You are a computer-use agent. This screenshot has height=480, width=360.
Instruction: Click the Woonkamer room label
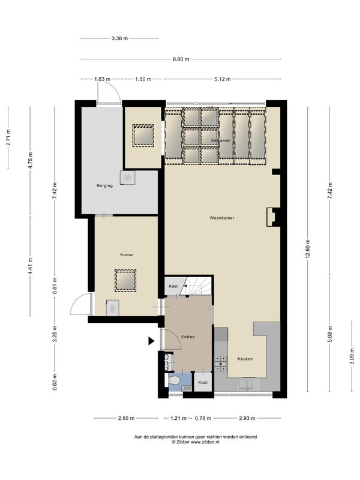tap(222, 218)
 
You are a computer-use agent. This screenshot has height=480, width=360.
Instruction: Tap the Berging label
tap(104, 185)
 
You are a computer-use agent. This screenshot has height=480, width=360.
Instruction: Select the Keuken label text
tap(245, 359)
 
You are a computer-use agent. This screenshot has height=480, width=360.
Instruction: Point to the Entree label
tap(188, 337)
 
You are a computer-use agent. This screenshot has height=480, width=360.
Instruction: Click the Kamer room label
tap(127, 254)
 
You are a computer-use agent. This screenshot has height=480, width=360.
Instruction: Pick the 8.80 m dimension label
tap(181, 59)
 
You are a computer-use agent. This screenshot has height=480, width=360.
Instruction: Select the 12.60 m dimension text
tap(308, 249)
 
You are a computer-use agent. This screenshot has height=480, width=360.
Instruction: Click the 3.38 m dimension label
tap(119, 38)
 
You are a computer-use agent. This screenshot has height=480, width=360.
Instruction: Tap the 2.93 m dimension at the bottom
tap(247, 418)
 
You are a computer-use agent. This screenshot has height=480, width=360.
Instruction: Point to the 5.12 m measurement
tap(222, 79)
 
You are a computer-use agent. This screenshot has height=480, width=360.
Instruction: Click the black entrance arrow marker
tap(151, 341)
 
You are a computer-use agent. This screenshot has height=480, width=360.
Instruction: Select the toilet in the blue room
tap(173, 382)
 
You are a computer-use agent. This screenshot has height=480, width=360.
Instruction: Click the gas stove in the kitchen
tap(221, 364)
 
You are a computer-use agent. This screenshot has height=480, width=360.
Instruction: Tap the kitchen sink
tap(246, 385)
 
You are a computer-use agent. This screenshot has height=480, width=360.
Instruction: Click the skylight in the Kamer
tap(125, 280)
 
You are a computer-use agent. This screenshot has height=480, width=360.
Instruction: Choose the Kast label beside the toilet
tap(203, 382)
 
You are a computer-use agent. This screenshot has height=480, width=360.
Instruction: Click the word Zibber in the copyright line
tap(182, 442)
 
